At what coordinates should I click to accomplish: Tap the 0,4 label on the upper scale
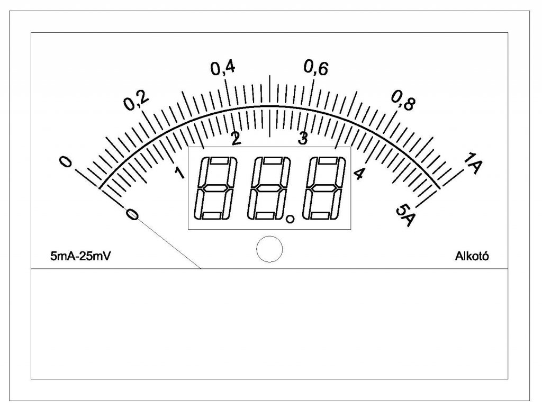[223, 68]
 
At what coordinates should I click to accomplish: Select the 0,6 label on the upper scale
[316, 68]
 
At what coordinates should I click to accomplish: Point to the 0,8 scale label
[403, 101]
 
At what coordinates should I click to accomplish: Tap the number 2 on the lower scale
[236, 139]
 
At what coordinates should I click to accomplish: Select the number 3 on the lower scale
[303, 139]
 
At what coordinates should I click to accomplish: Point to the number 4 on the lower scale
[359, 174]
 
